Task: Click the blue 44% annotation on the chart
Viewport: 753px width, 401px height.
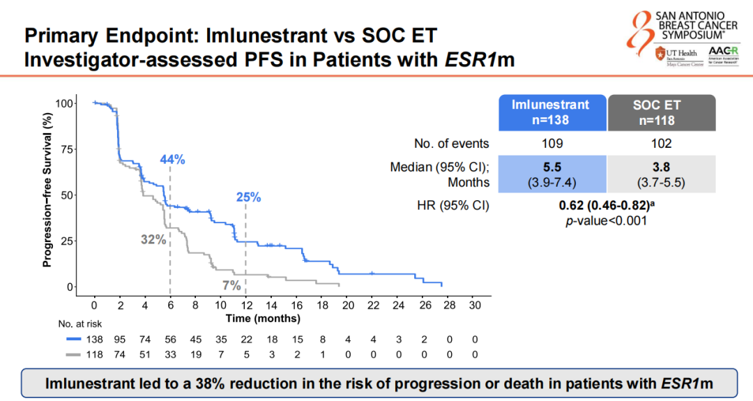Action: coord(173,160)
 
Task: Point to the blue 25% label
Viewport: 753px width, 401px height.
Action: coord(248,197)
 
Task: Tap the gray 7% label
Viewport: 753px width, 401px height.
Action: coord(231,285)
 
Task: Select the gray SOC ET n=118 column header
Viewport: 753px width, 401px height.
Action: coord(657,112)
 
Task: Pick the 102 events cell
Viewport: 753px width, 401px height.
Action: coord(657,144)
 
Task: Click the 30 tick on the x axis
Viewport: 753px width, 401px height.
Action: coord(475,305)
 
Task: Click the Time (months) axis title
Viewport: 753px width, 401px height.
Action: coord(263,318)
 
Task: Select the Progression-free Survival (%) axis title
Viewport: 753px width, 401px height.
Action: coord(47,191)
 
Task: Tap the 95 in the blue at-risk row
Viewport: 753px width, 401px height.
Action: coord(120,339)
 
